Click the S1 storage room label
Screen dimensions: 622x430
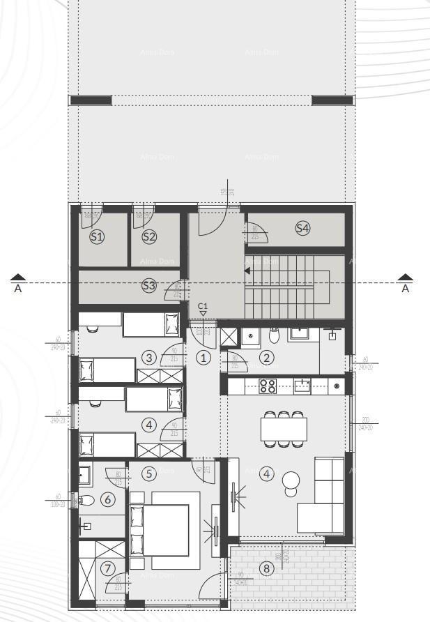pyautogui.click(x=97, y=237)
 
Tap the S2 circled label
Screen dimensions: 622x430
pyautogui.click(x=149, y=237)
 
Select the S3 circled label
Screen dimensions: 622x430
pyautogui.click(x=148, y=285)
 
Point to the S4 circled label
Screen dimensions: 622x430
pyautogui.click(x=302, y=228)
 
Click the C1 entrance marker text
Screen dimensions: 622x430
pyautogui.click(x=203, y=306)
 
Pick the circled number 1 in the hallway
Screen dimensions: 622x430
pyautogui.click(x=203, y=358)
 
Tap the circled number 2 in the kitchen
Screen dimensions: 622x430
pyautogui.click(x=266, y=358)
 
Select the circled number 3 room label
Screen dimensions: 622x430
pyautogui.click(x=148, y=358)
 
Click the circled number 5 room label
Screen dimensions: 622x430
pyautogui.click(x=148, y=473)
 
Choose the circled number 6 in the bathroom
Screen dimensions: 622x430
pyautogui.click(x=107, y=499)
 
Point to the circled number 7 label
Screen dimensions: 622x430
pyautogui.click(x=107, y=568)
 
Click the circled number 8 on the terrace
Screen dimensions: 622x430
pyautogui.click(x=266, y=568)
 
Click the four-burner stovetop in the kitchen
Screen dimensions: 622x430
pyautogui.click(x=268, y=386)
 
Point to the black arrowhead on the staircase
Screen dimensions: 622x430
pyautogui.click(x=247, y=271)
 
